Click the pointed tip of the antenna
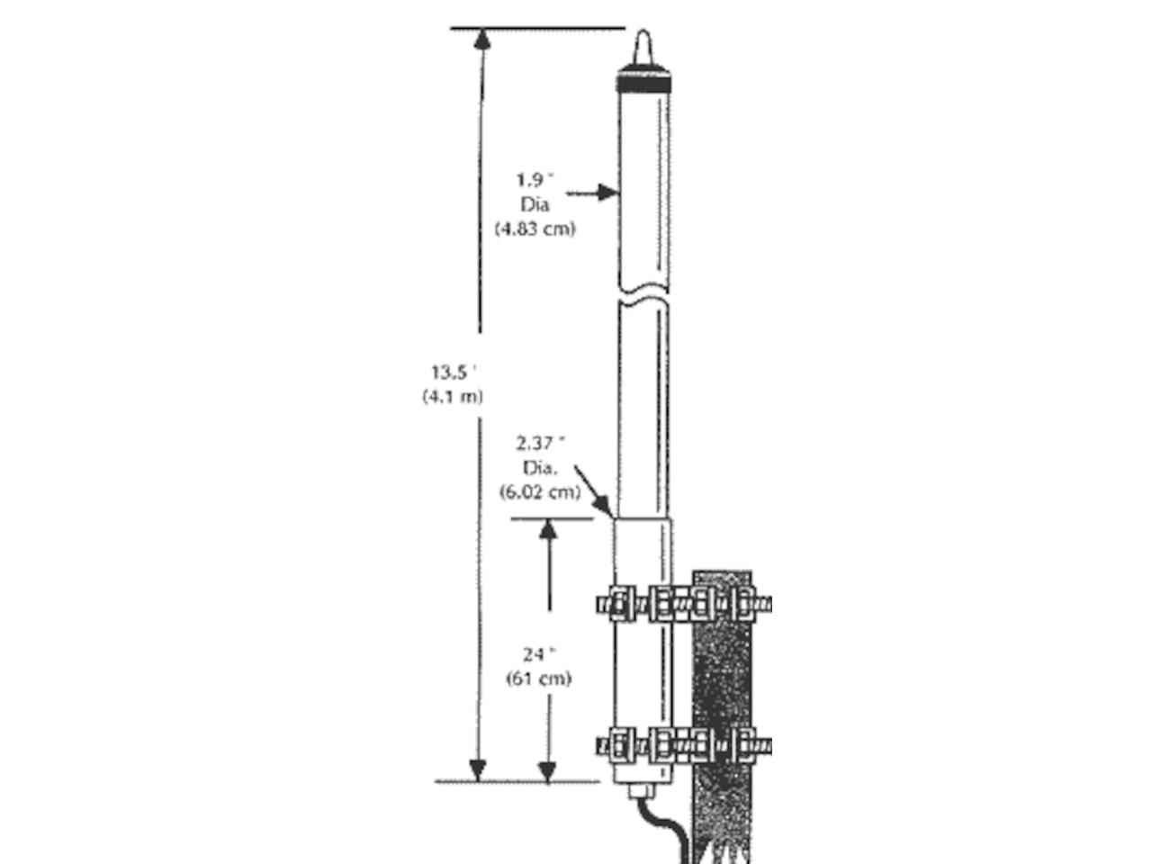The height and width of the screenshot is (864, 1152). [x=643, y=31]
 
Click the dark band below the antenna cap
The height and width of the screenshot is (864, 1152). [x=643, y=84]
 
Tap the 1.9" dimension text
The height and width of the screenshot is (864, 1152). [x=535, y=180]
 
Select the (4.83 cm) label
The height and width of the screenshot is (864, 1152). [x=535, y=229]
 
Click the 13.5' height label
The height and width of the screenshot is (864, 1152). [x=454, y=373]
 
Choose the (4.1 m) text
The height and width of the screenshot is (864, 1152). [x=452, y=396]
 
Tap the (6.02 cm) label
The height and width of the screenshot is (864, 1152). [x=540, y=492]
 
